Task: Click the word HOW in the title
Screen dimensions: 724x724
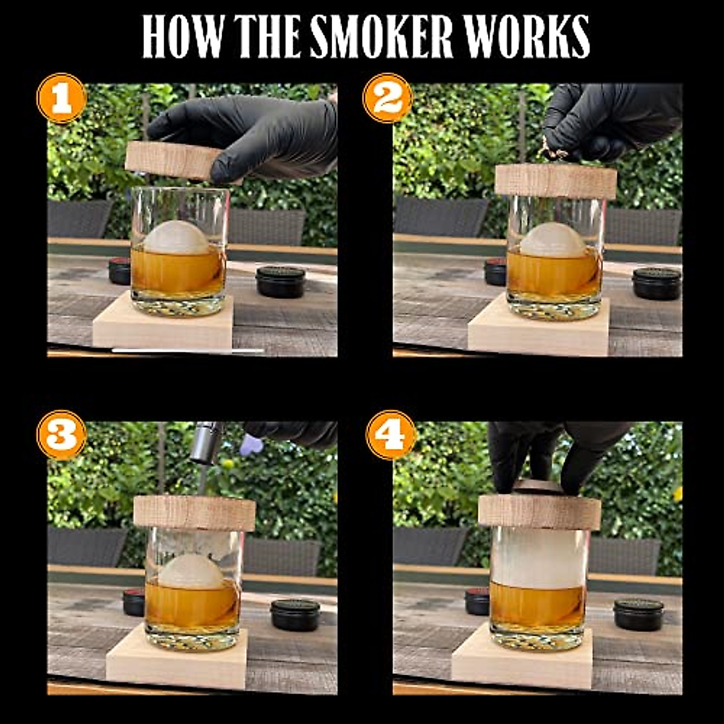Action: pos(179,37)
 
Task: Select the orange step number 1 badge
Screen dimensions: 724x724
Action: pos(61,98)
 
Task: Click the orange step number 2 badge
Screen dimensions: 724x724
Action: pos(387,98)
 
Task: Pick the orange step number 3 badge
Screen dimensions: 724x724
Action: pos(61,435)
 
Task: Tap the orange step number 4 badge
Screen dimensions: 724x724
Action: pos(391,435)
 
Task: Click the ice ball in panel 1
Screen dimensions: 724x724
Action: pos(176,238)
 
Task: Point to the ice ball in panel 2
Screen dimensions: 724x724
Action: pos(553,240)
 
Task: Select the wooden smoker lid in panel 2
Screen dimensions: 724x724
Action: pos(556,180)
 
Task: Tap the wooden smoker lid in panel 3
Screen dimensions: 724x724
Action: pos(194,512)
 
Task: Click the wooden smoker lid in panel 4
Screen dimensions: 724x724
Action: pos(539,512)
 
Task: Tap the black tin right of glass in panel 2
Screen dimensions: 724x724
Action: pos(656,284)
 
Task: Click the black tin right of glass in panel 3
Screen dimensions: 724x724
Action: pos(295,614)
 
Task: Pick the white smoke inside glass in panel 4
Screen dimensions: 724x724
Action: pos(538,557)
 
